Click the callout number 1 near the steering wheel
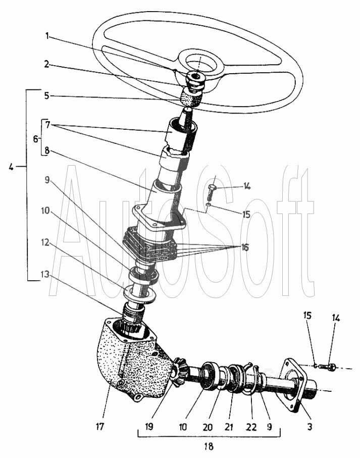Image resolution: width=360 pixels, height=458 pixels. [x=47, y=36]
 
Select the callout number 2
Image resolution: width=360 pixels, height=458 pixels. [x=47, y=64]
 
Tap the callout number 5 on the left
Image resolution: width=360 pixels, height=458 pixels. [x=47, y=95]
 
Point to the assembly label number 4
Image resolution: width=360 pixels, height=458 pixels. [x=11, y=167]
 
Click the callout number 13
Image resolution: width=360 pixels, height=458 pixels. [x=45, y=274]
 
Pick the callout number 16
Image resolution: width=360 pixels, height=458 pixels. [x=245, y=247]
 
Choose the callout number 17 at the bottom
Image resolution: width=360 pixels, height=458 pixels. [x=100, y=427]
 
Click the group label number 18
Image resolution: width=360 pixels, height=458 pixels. [x=209, y=446]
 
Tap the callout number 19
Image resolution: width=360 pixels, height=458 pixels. [x=149, y=427]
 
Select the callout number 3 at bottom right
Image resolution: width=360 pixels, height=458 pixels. [x=310, y=427]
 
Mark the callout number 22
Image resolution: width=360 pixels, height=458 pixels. [x=251, y=427]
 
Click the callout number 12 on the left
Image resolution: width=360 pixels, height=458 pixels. [x=45, y=242]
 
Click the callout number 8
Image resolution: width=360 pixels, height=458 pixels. [x=47, y=151]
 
